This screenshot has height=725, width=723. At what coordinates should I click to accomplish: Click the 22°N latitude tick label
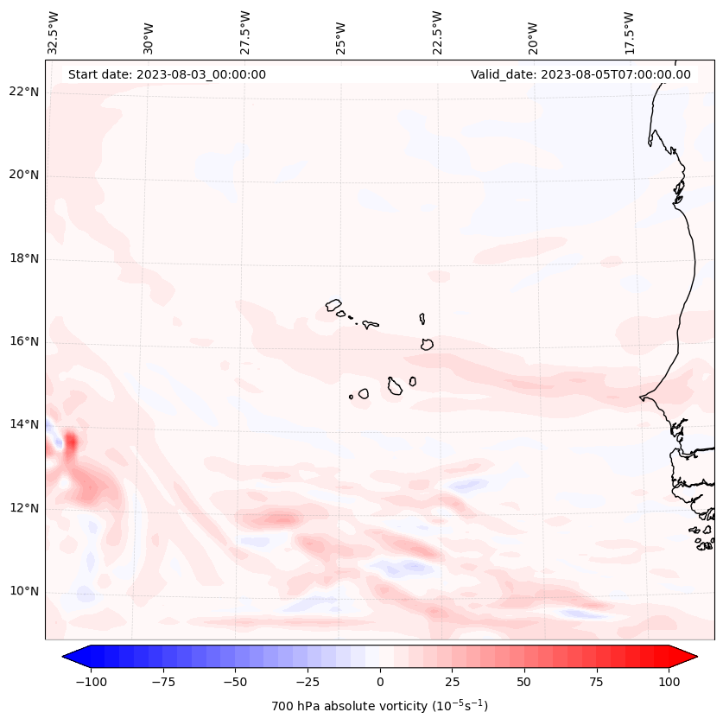tap(25, 92)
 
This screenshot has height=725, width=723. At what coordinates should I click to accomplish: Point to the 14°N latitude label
tap(25, 424)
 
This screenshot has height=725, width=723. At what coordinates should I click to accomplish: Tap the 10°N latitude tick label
tap(25, 591)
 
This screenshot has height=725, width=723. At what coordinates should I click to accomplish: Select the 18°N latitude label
tap(25, 258)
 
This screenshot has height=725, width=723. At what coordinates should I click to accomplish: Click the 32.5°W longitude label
tap(54, 32)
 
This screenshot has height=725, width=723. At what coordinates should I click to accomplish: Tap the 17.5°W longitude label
tap(628, 32)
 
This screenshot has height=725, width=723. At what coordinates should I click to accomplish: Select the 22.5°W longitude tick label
tap(436, 32)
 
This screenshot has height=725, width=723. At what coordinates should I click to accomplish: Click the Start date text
tap(167, 74)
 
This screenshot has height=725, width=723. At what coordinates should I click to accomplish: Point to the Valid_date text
tap(580, 74)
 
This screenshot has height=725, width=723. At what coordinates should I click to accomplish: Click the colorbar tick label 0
tap(380, 682)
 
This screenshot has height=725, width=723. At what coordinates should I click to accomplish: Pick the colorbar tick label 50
tap(524, 682)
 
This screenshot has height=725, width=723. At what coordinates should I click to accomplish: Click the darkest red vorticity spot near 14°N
tap(71, 442)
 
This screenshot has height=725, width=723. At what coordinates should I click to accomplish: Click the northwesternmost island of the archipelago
tap(333, 304)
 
